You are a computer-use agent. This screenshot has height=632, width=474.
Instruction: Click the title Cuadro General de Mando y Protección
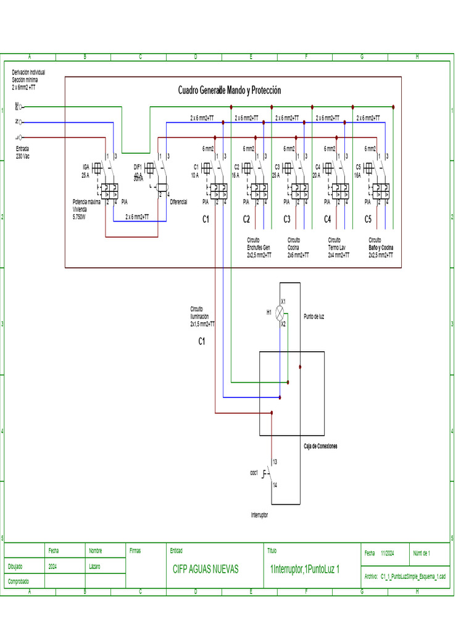pyautogui.click(x=230, y=91)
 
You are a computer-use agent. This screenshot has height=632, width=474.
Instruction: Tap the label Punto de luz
pyautogui.click(x=314, y=317)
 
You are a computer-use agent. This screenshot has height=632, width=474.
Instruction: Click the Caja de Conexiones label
pyautogui.click(x=320, y=446)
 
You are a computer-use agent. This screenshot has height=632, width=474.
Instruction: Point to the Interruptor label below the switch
pyautogui.click(x=259, y=514)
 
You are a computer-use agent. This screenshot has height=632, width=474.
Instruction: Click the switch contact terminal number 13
pyautogui.click(x=275, y=462)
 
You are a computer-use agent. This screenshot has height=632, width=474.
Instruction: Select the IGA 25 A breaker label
pyautogui.click(x=86, y=171)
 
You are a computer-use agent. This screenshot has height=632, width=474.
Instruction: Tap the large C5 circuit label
pyautogui.click(x=368, y=219)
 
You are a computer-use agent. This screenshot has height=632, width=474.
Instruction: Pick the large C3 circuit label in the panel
pyautogui.click(x=287, y=219)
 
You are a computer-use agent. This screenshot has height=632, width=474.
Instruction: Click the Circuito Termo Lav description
pyautogui.click(x=338, y=247)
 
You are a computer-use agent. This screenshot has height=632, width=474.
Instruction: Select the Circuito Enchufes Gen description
pyautogui.click(x=259, y=247)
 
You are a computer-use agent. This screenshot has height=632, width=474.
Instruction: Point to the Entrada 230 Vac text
pyautogui.click(x=23, y=152)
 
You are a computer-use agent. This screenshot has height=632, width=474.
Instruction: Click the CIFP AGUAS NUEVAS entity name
pyautogui.click(x=206, y=569)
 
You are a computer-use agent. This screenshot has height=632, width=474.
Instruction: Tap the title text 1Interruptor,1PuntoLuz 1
pyautogui.click(x=305, y=569)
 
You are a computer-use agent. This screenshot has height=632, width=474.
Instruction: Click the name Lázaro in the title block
pyautogui.click(x=94, y=566)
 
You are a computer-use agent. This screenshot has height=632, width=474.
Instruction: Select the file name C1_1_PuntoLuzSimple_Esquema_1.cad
pyautogui.click(x=413, y=576)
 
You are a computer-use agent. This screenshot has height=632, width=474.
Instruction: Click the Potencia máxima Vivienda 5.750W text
pyautogui.click(x=86, y=209)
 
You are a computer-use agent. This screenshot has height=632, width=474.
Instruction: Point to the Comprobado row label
pyautogui.click(x=18, y=581)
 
